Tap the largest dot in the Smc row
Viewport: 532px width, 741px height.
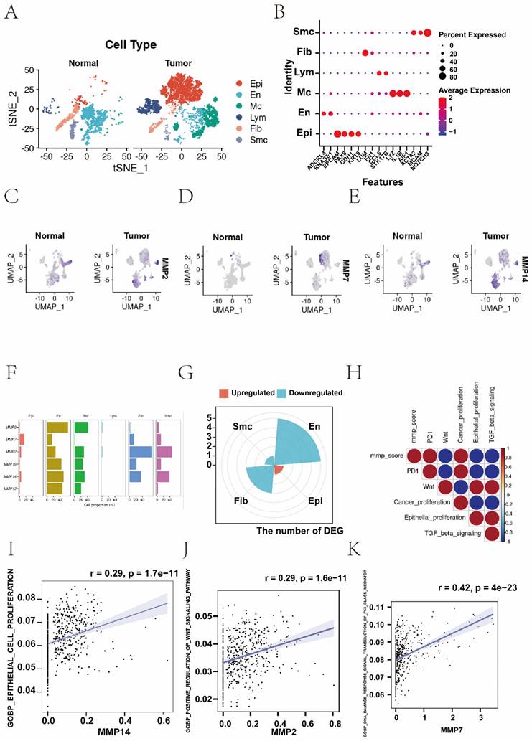click(427, 32)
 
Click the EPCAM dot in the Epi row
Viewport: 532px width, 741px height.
click(337, 133)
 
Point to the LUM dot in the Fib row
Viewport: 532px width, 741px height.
click(365, 53)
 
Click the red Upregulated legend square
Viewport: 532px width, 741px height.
click(225, 392)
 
